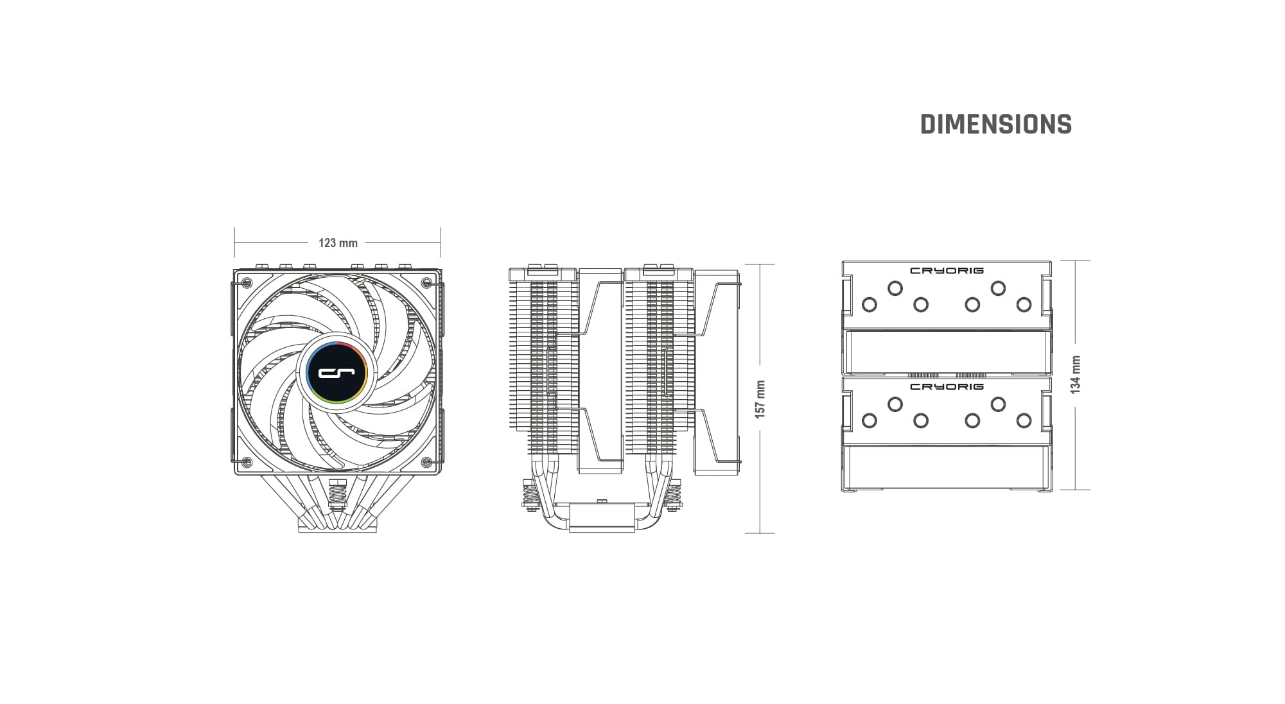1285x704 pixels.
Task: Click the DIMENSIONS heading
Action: pyautogui.click(x=996, y=124)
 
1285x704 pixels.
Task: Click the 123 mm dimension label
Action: pyautogui.click(x=338, y=243)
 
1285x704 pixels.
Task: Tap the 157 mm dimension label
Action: pyautogui.click(x=760, y=399)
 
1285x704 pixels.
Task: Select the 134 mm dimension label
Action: pyautogui.click(x=1076, y=374)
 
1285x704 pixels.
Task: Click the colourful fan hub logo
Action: pyautogui.click(x=337, y=372)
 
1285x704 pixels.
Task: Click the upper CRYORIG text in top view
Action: pyautogui.click(x=947, y=271)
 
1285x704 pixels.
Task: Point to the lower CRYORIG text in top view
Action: pyautogui.click(x=947, y=387)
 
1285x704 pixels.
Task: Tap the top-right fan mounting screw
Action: pyautogui.click(x=426, y=282)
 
